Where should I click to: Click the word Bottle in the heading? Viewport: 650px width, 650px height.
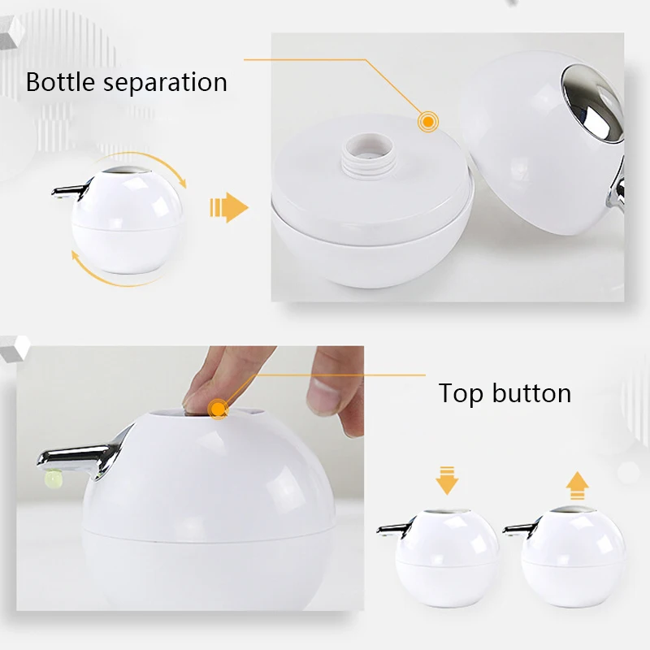pyautogui.click(x=61, y=82)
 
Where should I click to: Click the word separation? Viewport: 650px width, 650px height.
pyautogui.click(x=166, y=83)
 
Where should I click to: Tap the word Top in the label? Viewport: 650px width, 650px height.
pyautogui.click(x=461, y=393)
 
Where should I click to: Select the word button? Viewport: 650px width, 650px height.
pyautogui.click(x=532, y=393)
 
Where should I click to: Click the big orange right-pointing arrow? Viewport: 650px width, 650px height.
pyautogui.click(x=229, y=208)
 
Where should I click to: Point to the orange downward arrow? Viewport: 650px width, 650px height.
pyautogui.click(x=447, y=480)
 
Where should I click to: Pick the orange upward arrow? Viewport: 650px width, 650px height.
pyautogui.click(x=577, y=485)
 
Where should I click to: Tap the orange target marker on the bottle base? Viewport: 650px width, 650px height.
pyautogui.click(x=428, y=122)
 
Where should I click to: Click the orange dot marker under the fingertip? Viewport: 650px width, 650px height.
pyautogui.click(x=217, y=409)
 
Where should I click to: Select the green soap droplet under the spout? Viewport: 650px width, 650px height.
pyautogui.click(x=52, y=479)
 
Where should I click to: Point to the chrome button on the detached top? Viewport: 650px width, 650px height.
pyautogui.click(x=593, y=104)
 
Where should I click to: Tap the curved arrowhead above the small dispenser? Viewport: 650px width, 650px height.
pyautogui.click(x=182, y=183)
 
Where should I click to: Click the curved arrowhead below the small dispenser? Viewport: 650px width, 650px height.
pyautogui.click(x=76, y=256)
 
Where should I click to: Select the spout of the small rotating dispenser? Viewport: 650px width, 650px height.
pyautogui.click(x=71, y=190)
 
